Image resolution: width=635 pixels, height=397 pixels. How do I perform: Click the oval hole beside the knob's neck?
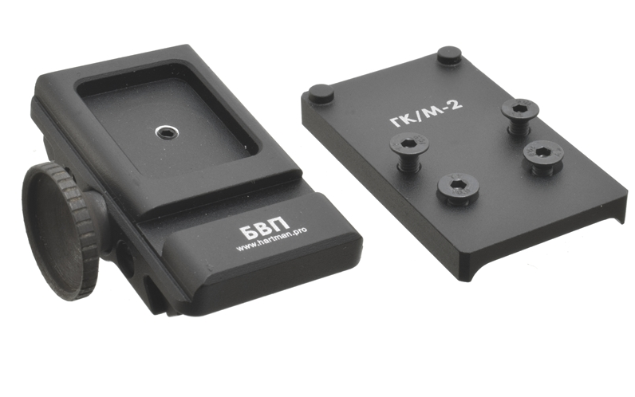(125, 257)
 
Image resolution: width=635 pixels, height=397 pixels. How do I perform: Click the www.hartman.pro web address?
(271, 240)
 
